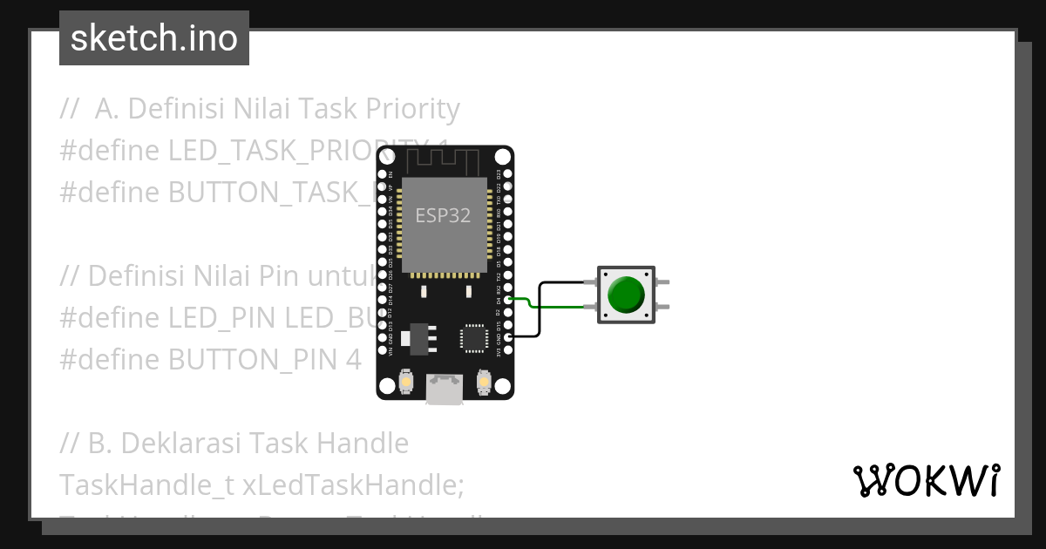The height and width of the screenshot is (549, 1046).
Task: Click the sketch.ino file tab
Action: pyautogui.click(x=154, y=38)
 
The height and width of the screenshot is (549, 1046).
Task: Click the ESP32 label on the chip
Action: pyautogui.click(x=443, y=216)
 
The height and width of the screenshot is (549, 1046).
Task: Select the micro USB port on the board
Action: pyautogui.click(x=445, y=389)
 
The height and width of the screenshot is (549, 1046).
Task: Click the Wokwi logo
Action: pyautogui.click(x=926, y=481)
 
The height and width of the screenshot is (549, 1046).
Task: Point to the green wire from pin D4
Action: pyautogui.click(x=523, y=302)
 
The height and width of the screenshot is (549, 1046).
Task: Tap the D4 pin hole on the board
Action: pyautogui.click(x=507, y=300)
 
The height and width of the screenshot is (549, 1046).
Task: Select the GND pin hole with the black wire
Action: pyautogui.click(x=507, y=336)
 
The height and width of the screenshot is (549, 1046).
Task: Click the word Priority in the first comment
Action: pyautogui.click(x=411, y=109)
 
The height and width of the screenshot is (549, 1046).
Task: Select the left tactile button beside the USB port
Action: pyautogui.click(x=405, y=381)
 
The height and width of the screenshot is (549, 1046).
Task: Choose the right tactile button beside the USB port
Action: pyautogui.click(x=484, y=381)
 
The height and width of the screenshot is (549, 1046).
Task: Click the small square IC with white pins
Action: pyautogui.click(x=473, y=336)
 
